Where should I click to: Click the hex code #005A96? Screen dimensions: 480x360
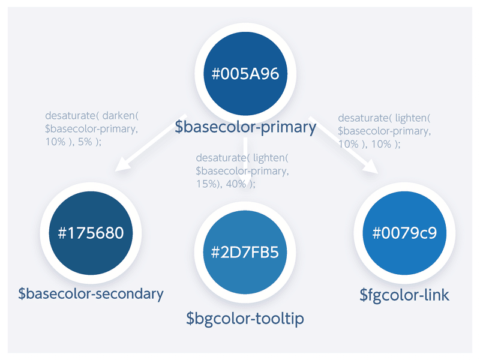point(245,74)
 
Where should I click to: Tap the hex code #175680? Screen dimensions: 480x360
point(91,233)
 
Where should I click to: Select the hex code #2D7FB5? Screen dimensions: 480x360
point(245,252)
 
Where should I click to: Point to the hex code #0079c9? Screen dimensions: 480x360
point(404,233)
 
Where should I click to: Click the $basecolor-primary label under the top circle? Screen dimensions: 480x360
point(245,127)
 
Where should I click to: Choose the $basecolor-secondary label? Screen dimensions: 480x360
point(91,294)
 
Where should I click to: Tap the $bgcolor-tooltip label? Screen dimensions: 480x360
point(245,319)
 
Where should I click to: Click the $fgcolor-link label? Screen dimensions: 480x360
point(404,295)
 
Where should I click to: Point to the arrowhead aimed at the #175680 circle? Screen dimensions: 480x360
point(122,164)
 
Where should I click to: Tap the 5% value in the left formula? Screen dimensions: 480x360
point(85,142)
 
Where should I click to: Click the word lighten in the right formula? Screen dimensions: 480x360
point(411,118)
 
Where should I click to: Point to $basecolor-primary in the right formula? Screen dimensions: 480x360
point(383,131)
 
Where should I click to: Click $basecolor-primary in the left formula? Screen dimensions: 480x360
point(91,129)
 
